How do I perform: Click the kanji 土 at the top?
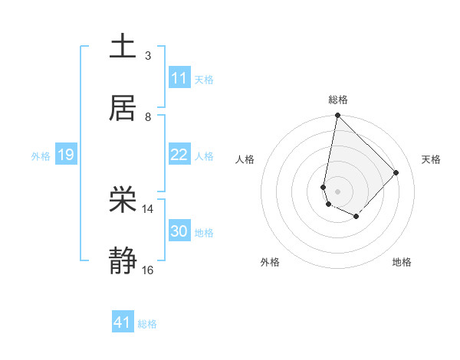click(x=123, y=47)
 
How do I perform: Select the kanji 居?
click(x=123, y=108)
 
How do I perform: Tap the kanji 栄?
click(x=123, y=201)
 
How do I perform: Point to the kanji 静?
click(x=123, y=262)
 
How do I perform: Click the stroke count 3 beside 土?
click(x=148, y=55)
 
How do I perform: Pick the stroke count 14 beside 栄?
click(x=148, y=208)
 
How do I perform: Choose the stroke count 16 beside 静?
click(x=148, y=270)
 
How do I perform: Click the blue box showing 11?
click(x=179, y=78)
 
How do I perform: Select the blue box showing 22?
click(x=179, y=155)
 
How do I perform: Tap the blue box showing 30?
click(x=179, y=231)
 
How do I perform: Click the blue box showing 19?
click(x=66, y=155)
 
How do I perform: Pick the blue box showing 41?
click(x=123, y=323)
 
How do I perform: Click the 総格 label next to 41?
click(x=147, y=324)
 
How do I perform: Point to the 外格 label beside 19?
click(x=41, y=155)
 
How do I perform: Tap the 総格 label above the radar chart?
click(x=338, y=100)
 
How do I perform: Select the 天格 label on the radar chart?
click(x=431, y=159)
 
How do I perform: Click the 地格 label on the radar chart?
click(x=402, y=262)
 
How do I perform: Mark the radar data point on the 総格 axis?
click(x=337, y=116)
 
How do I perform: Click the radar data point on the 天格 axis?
click(x=396, y=172)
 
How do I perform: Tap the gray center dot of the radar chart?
click(x=337, y=191)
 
